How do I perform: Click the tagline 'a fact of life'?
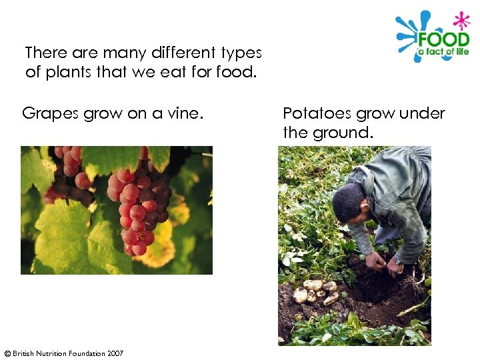click(x=443, y=52)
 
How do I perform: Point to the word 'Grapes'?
click(x=51, y=113)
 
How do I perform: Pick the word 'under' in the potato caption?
click(x=420, y=113)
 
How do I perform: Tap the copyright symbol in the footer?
click(x=7, y=353)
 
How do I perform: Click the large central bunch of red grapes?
click(x=139, y=207)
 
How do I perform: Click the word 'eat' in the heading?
click(x=180, y=71)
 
